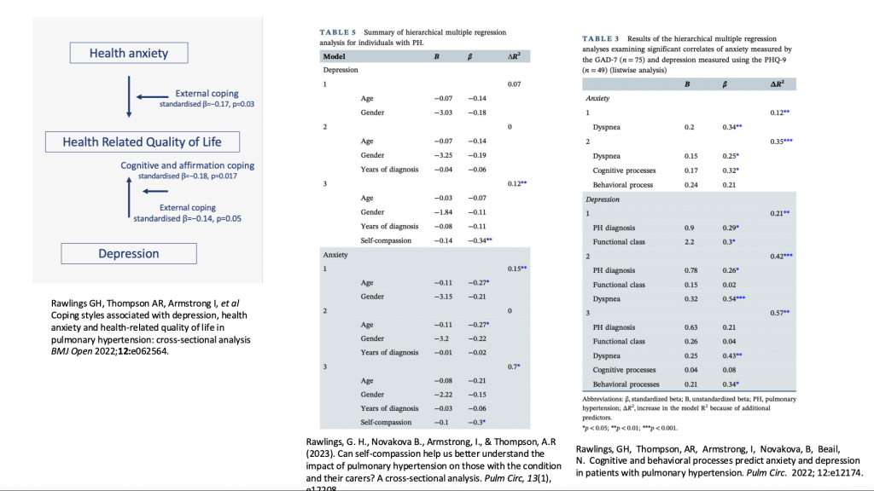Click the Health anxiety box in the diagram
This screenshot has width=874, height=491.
coord(129,53)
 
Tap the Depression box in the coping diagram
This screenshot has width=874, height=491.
coord(128,253)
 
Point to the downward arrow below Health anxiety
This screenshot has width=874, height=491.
coord(128,95)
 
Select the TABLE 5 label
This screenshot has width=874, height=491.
coord(336,32)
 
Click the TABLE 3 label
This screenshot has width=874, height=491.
coord(600,38)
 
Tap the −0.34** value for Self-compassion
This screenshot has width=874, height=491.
coord(480,241)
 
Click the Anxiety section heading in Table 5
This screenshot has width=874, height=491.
coord(335,255)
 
